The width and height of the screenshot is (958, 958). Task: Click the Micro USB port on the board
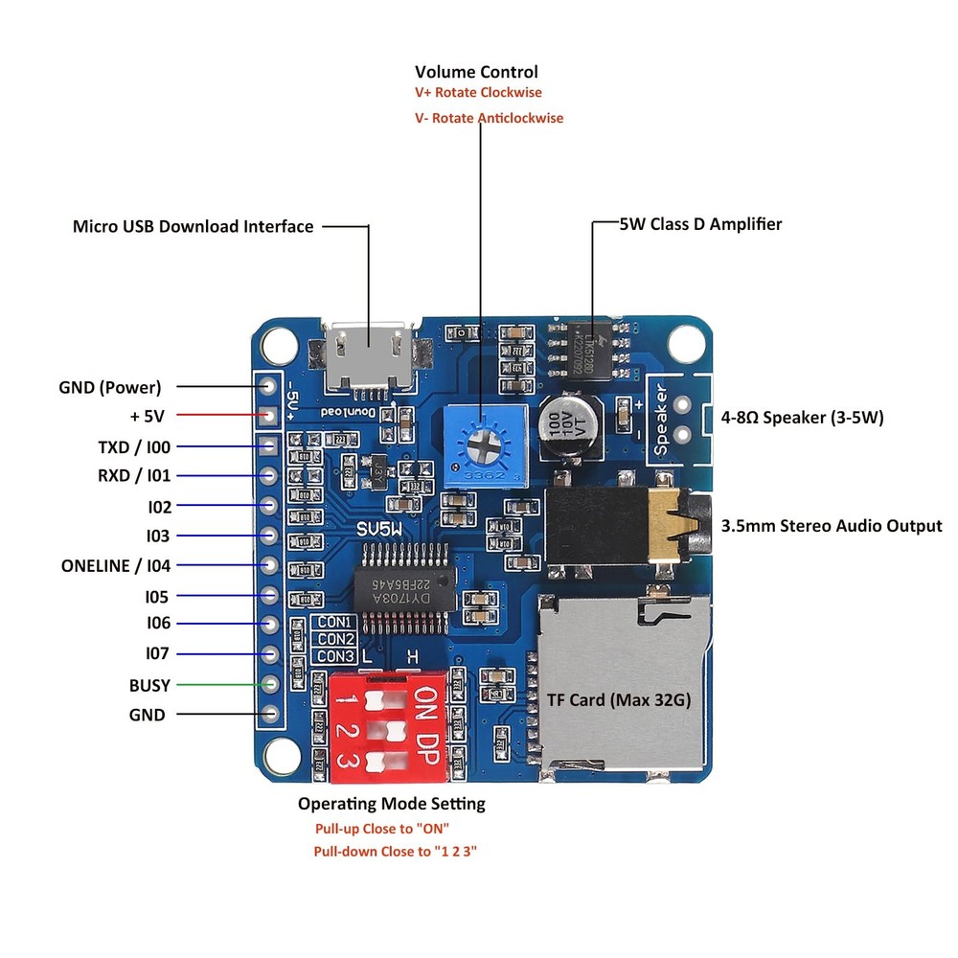pyautogui.click(x=370, y=355)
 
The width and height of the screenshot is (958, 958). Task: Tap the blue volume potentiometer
pyautogui.click(x=486, y=444)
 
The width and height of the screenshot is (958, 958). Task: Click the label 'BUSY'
pyautogui.click(x=149, y=685)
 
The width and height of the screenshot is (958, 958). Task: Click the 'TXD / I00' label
pyautogui.click(x=134, y=447)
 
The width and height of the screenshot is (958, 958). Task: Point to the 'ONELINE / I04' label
pyautogui.click(x=116, y=565)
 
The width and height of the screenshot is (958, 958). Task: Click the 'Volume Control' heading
pyautogui.click(x=476, y=72)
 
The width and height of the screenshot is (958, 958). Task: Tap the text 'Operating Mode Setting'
pyautogui.click(x=391, y=803)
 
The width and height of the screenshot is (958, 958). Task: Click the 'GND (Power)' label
pyautogui.click(x=110, y=387)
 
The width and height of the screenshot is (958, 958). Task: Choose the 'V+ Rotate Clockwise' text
pyautogui.click(x=478, y=93)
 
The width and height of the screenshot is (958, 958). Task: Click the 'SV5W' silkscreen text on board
pyautogui.click(x=382, y=529)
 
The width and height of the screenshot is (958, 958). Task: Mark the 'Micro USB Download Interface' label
pyautogui.click(x=194, y=226)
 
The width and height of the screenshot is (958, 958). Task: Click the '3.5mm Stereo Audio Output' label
pyautogui.click(x=831, y=525)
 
